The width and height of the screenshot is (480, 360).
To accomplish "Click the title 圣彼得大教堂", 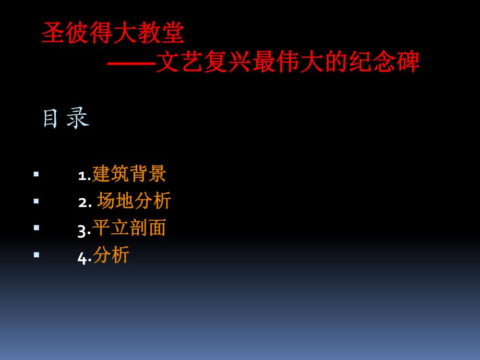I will [113, 33].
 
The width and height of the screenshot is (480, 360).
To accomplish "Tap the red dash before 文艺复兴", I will [131, 63].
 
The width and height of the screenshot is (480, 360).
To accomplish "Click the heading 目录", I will [65, 118].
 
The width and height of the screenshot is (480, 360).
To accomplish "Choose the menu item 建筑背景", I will [129, 174].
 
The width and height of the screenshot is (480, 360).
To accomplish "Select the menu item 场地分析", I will [134, 201].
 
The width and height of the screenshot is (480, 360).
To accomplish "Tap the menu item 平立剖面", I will [129, 228].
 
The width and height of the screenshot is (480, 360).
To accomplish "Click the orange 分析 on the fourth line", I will [111, 255].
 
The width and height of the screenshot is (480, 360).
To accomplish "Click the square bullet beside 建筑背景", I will [36, 174].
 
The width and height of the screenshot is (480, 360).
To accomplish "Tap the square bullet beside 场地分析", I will [36, 201].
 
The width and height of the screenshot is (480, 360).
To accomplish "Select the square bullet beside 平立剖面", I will [36, 228].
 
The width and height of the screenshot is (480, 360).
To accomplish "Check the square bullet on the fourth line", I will [36, 255].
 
